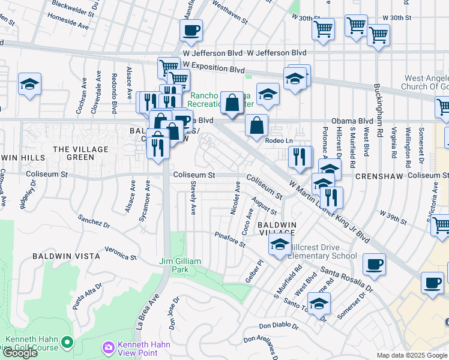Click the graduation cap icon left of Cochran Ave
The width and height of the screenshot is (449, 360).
click(29, 85)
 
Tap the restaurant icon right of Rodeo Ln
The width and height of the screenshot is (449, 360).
click(300, 157)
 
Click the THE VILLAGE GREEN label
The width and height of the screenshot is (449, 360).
click(81, 153)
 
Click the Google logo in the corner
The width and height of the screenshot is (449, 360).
click(20, 352)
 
